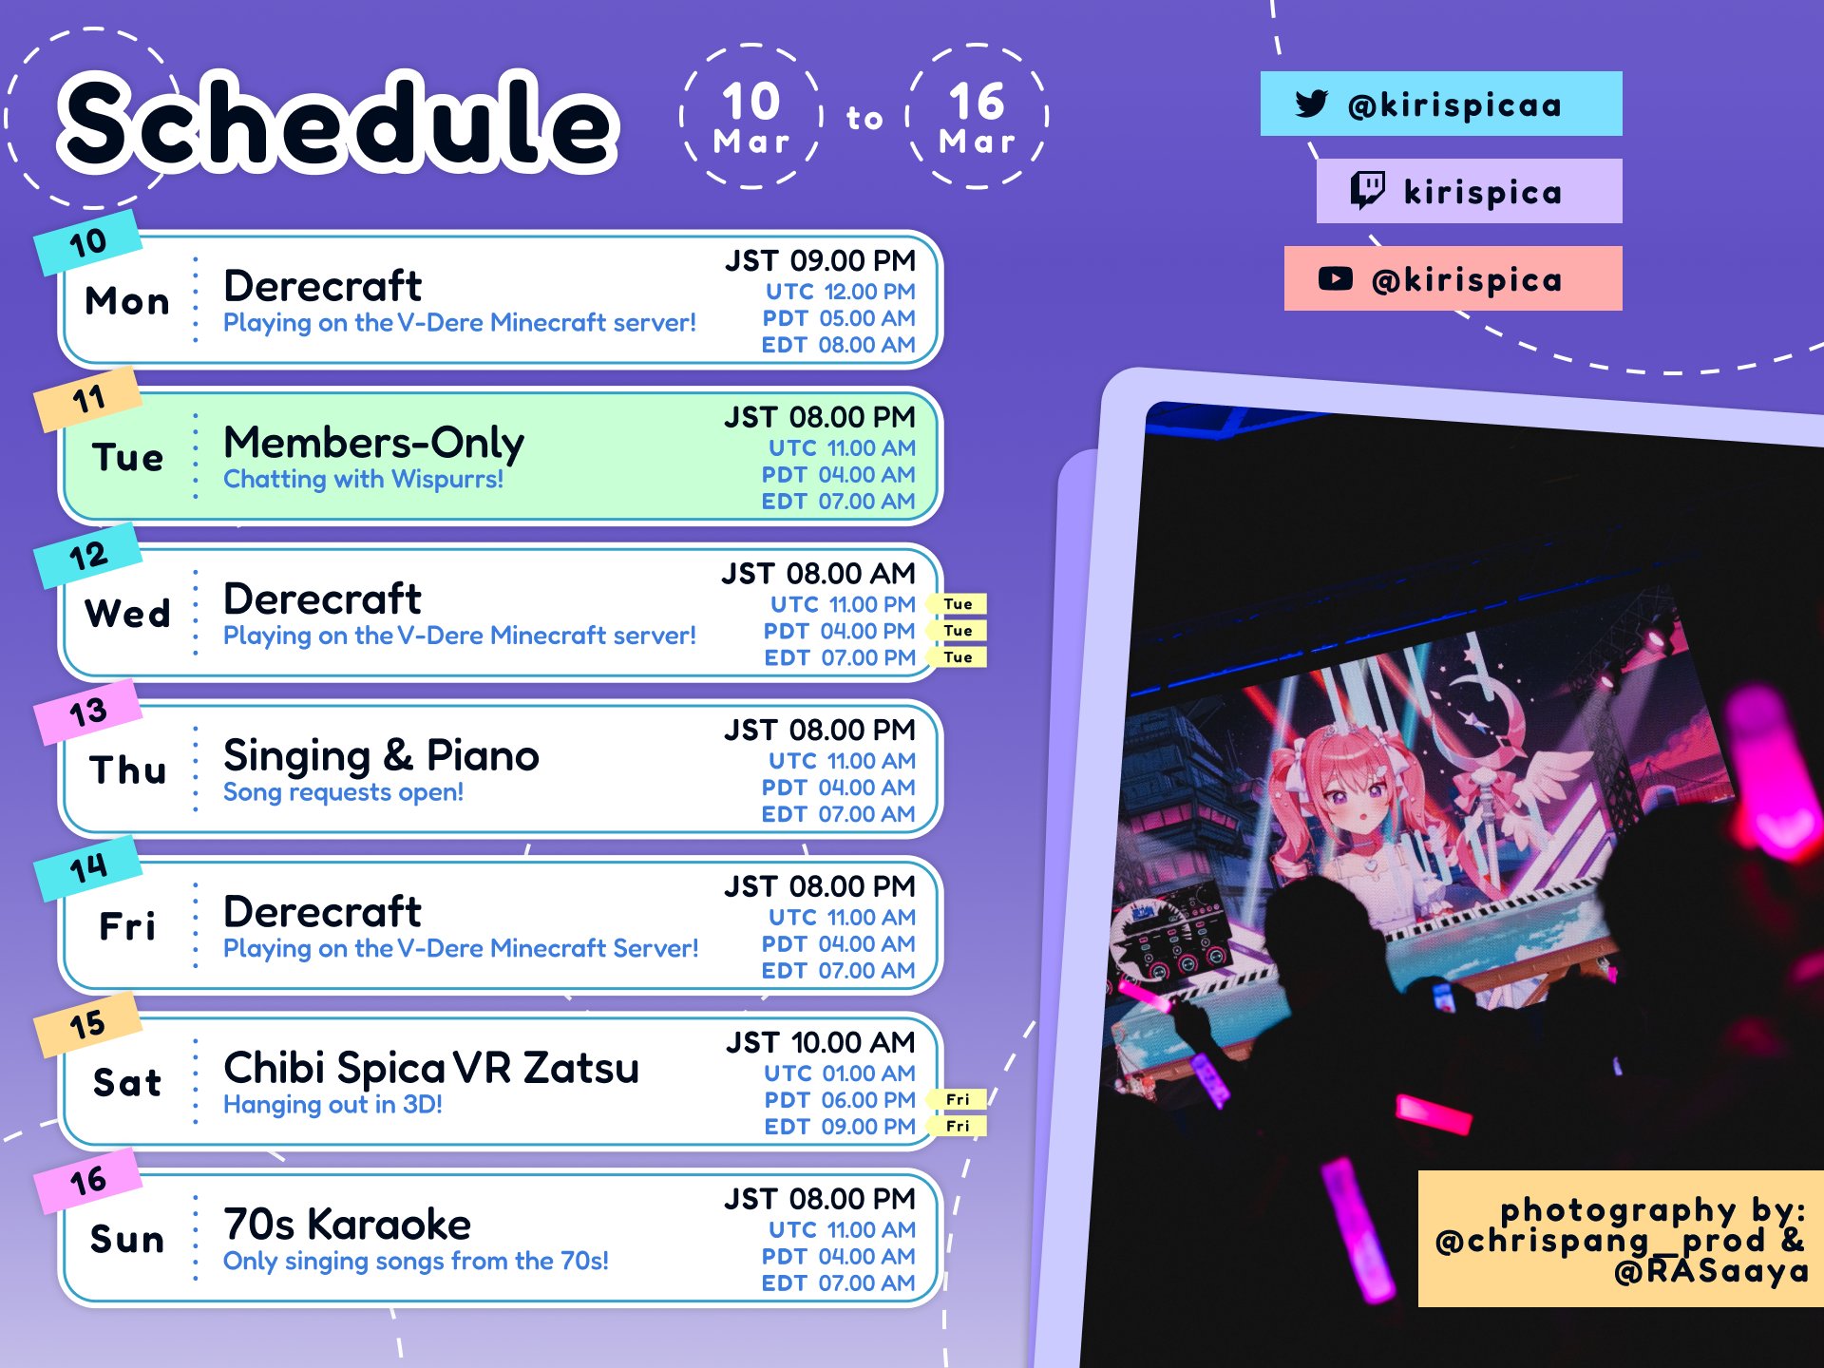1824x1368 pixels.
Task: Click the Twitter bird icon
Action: point(1311,103)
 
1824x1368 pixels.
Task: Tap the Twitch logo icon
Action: point(1368,190)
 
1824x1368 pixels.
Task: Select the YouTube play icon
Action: point(1335,278)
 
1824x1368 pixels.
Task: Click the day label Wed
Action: point(127,613)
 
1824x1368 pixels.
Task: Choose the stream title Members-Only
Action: point(373,442)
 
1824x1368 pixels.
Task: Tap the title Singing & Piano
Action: point(381,755)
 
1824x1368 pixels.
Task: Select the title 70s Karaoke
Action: point(347,1224)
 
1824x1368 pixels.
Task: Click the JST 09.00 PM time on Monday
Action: point(820,260)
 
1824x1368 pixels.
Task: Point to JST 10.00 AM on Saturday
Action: point(821,1042)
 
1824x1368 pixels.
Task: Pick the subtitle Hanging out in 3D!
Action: point(332,1104)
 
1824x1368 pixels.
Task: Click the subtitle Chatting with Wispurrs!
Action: point(363,479)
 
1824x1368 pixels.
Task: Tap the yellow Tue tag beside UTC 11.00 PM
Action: point(957,604)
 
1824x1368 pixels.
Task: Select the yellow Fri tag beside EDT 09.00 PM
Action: point(957,1126)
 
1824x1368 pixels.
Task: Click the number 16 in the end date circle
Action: point(977,101)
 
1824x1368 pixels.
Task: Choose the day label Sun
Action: point(127,1239)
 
